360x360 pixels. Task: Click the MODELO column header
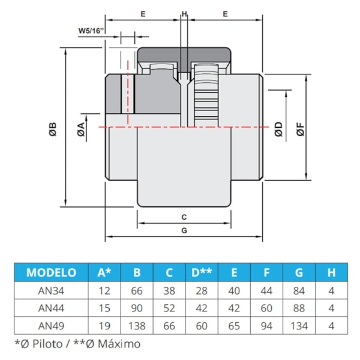pos(51,272)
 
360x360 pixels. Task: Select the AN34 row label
pos(51,292)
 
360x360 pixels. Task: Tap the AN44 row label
pos(51,309)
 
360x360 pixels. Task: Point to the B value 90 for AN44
pos(137,309)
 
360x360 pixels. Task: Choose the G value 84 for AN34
pos(299,292)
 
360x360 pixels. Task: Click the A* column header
pos(104,272)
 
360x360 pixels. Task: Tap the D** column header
pos(202,272)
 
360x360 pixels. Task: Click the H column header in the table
pos(331,272)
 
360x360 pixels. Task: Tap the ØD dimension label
pos(278,128)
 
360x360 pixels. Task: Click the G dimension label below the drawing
pos(184,230)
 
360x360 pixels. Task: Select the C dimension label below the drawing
pos(184,216)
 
